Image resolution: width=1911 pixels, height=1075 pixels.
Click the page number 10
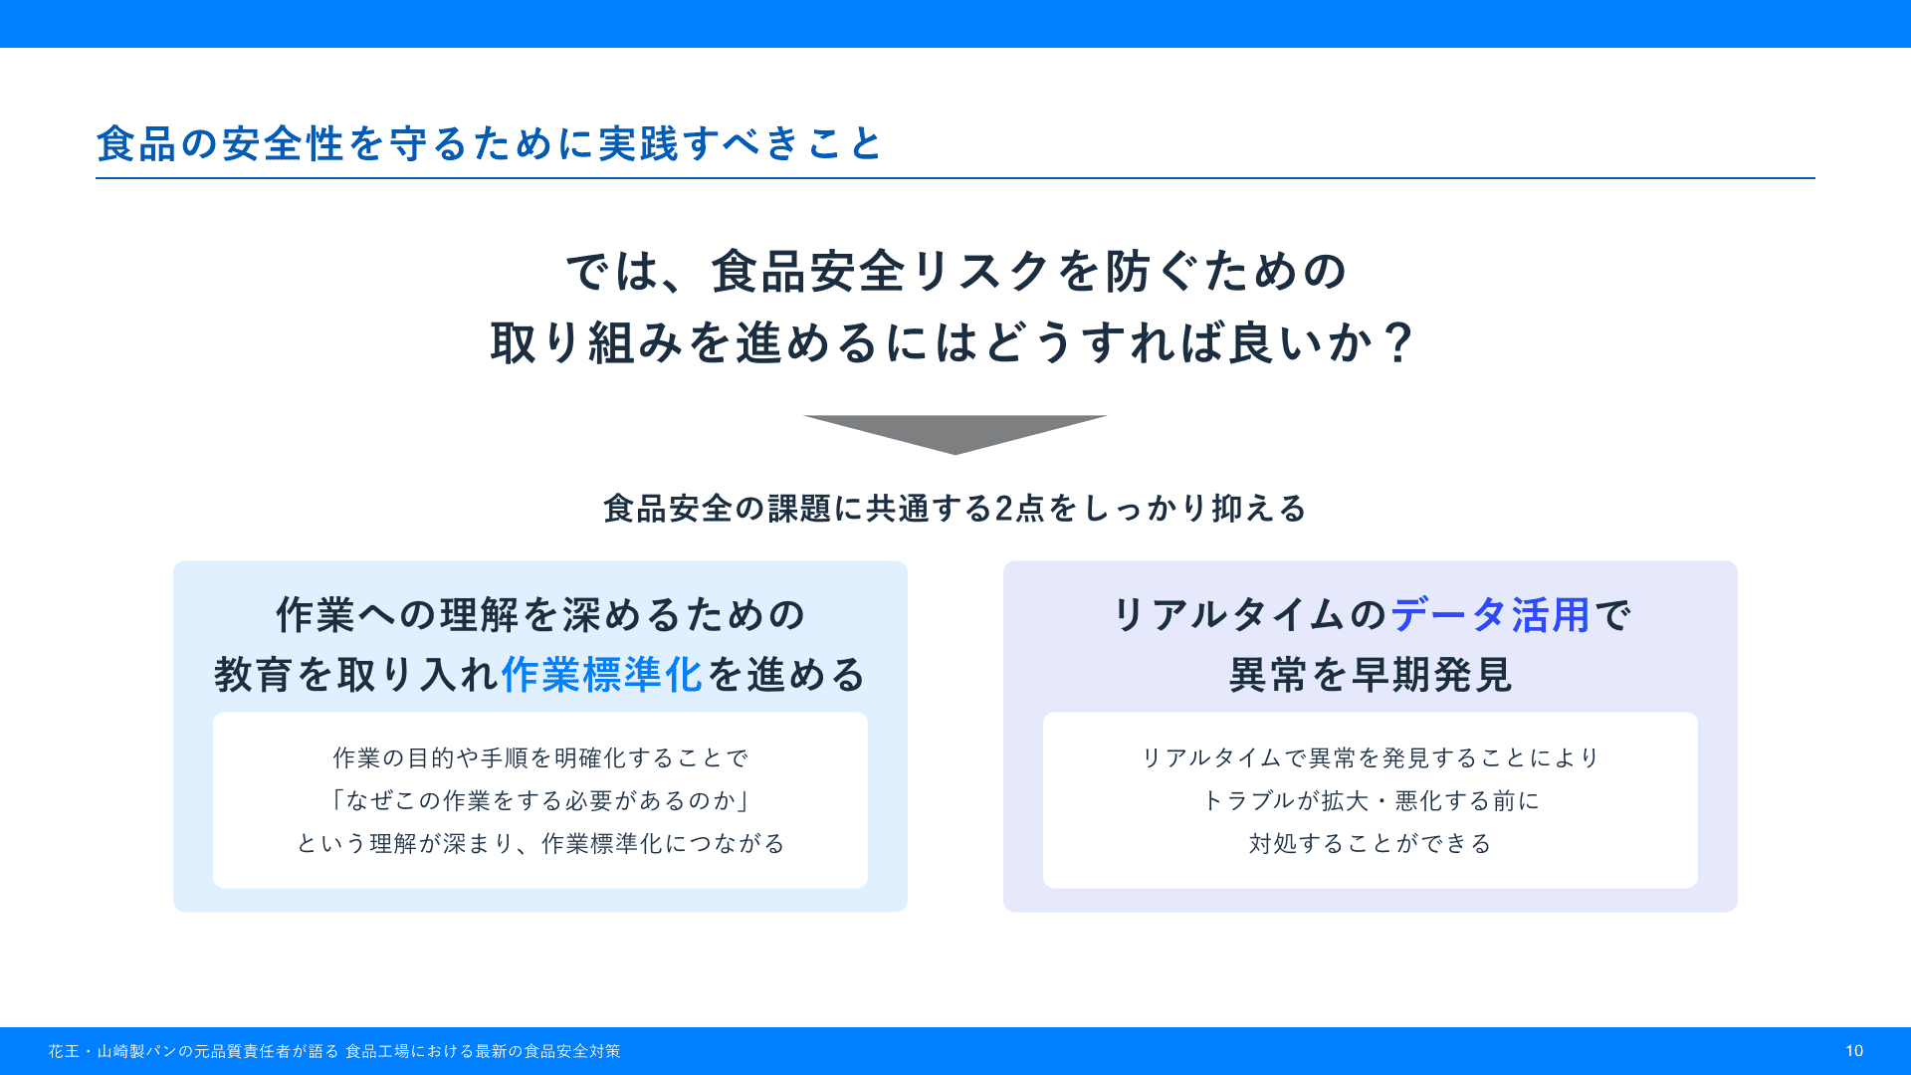[x=1853, y=1051]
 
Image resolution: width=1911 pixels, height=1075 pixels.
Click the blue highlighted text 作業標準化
[x=602, y=675]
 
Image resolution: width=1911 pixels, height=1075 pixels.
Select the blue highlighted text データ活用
[x=1490, y=615]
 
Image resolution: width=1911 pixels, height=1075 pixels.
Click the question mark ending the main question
[x=1399, y=343]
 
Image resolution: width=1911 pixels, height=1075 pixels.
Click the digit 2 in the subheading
[x=1004, y=509]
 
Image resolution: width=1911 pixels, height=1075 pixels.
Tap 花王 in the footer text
[x=64, y=1051]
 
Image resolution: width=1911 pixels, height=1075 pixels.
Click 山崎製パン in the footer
[x=136, y=1051]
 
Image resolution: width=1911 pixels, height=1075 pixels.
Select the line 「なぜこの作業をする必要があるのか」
[x=540, y=800]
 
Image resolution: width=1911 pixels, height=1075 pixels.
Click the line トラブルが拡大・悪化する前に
[x=1371, y=800]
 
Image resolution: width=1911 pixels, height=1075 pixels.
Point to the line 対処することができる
[x=1371, y=843]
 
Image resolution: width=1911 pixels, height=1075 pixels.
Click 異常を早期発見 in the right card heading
[x=1371, y=675]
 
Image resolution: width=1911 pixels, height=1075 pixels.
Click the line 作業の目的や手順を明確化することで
[x=540, y=757]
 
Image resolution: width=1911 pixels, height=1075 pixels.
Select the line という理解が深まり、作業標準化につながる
[x=540, y=843]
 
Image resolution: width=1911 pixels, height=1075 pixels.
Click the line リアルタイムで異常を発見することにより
[x=1371, y=757]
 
